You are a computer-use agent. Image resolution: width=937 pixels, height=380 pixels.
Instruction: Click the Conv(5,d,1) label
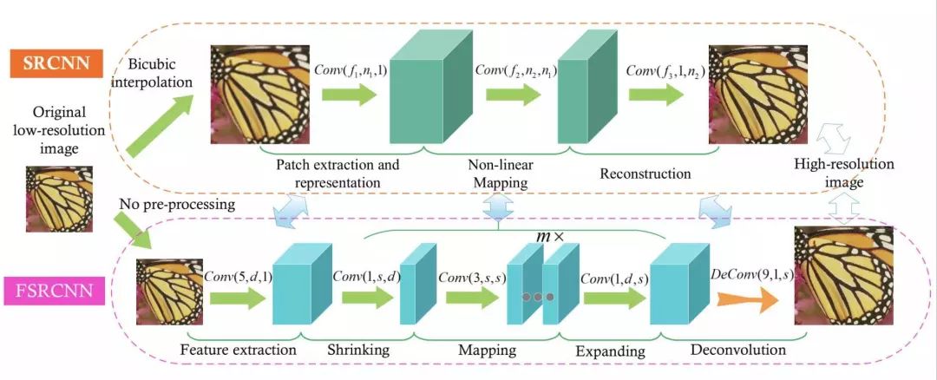point(238,277)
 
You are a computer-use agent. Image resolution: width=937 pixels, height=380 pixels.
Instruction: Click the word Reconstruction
point(645,174)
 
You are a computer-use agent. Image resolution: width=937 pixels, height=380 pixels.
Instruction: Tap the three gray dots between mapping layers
point(537,298)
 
